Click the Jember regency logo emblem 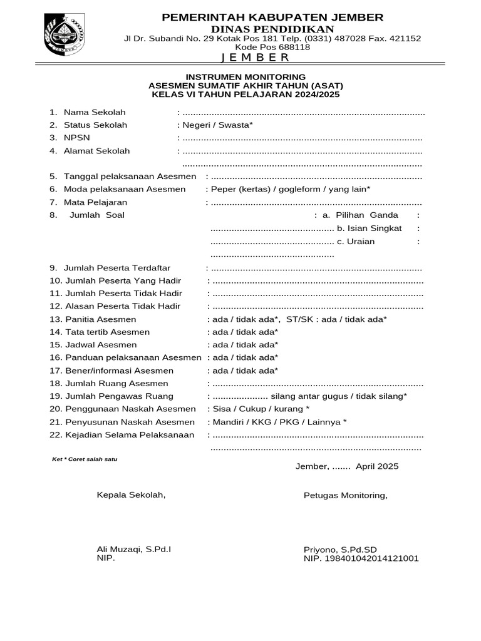click(x=61, y=35)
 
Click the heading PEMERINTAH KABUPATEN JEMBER click(x=272, y=17)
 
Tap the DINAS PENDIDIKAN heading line click(x=272, y=29)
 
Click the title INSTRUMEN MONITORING click(x=246, y=76)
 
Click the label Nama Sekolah click(x=95, y=112)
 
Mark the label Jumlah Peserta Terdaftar click(x=117, y=268)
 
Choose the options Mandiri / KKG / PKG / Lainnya click(x=278, y=422)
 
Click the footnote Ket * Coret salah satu click(x=85, y=459)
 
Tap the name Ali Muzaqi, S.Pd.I click(x=134, y=549)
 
